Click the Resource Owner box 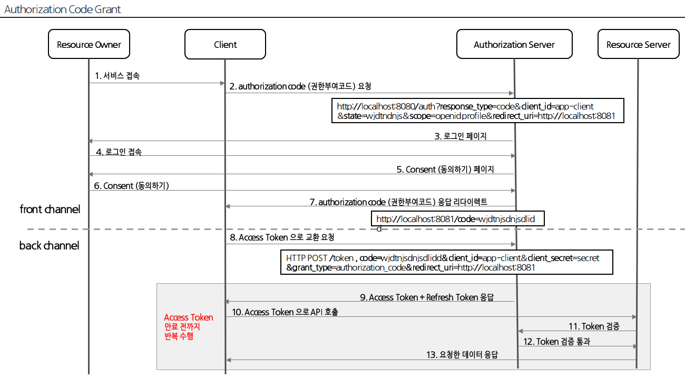[89, 44]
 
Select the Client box [225, 44]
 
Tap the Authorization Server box [514, 44]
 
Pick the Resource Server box [638, 44]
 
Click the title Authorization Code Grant [63, 9]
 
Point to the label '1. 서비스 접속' [118, 76]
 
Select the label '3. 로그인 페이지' [461, 136]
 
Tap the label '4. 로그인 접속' [119, 152]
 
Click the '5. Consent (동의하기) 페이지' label [446, 169]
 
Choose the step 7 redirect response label [398, 202]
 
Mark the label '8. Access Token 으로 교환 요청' [282, 237]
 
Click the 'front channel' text [50, 209]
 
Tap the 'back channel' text [49, 245]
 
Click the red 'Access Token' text [189, 317]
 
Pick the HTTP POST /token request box [447, 262]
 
